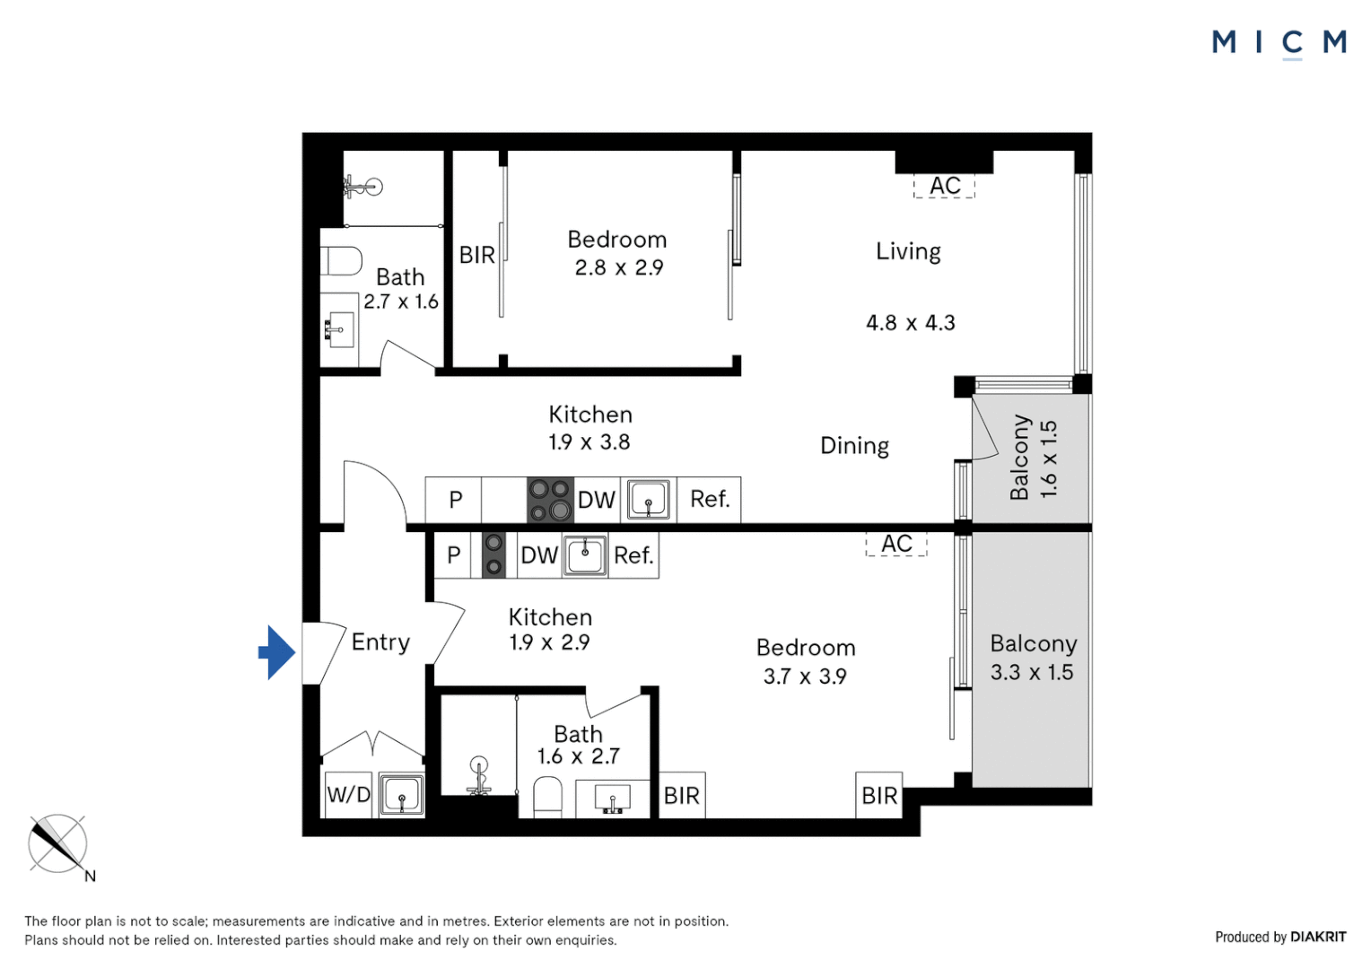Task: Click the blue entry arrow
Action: click(277, 652)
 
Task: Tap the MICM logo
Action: click(1279, 42)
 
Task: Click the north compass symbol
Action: click(58, 844)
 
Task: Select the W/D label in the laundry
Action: click(348, 794)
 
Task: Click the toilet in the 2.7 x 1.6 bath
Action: click(341, 261)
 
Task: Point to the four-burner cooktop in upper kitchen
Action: click(550, 500)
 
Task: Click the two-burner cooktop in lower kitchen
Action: click(493, 554)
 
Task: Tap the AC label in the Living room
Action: click(945, 186)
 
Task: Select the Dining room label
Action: click(854, 446)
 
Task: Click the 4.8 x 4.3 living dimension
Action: click(910, 323)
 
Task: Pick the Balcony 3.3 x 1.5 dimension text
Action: click(1032, 672)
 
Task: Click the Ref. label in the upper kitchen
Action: click(709, 499)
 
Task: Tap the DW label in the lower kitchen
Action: click(539, 555)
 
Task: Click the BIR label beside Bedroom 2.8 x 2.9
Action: click(476, 256)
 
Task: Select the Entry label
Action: click(380, 642)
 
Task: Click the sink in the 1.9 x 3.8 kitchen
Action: click(649, 500)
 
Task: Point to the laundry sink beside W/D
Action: click(401, 794)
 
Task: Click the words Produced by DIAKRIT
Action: click(1280, 937)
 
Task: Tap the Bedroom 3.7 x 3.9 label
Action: click(805, 662)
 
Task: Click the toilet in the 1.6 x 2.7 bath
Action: click(547, 797)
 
